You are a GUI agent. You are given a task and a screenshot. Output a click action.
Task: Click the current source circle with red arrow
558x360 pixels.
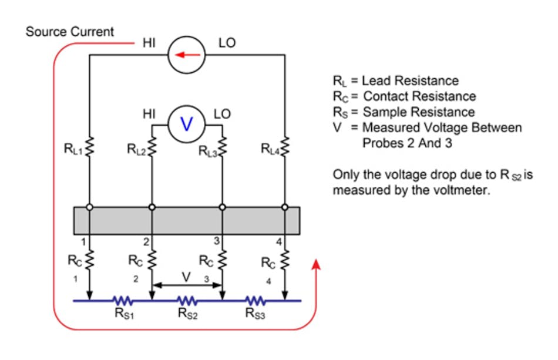[186, 56]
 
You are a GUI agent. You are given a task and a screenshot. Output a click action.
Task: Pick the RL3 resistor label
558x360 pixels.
[207, 152]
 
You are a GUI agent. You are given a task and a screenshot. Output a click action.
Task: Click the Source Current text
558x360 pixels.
[70, 32]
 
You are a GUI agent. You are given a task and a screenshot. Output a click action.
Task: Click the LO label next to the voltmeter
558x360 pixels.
[222, 115]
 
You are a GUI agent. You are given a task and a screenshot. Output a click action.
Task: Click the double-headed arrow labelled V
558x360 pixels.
[186, 286]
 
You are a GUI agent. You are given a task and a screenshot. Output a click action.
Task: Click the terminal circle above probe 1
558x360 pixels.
[89, 207]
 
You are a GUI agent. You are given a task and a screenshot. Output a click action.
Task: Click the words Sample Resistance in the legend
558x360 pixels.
[419, 112]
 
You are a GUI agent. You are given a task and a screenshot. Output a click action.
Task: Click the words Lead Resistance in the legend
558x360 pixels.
[411, 80]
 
